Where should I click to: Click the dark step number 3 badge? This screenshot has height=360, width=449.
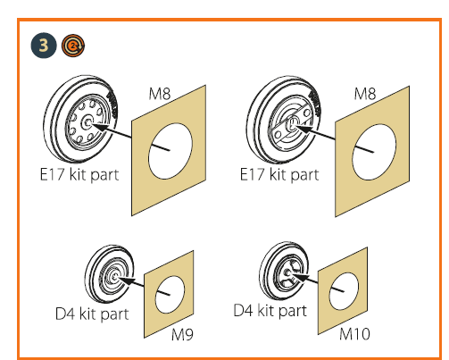(44, 46)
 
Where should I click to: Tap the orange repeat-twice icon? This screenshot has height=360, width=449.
(73, 46)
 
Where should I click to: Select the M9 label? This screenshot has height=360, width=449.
(182, 335)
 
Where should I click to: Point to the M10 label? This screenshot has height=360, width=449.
(354, 334)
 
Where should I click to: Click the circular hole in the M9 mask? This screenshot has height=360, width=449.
(170, 295)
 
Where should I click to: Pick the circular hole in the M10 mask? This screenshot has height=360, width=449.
(344, 291)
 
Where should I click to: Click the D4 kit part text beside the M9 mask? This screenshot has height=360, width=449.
(92, 314)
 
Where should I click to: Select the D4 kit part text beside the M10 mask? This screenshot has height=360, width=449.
(270, 311)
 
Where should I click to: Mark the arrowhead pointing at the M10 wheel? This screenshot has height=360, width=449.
(301, 278)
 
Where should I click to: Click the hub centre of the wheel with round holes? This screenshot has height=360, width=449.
(87, 122)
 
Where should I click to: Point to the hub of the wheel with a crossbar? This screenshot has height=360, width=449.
(292, 123)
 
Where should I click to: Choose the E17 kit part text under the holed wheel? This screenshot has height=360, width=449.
(79, 174)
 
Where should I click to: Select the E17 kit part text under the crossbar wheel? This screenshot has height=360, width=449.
(279, 174)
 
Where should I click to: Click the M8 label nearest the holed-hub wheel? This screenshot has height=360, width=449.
(160, 94)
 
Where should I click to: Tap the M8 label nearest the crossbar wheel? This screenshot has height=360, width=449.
(365, 94)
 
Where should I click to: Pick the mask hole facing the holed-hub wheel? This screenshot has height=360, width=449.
(170, 151)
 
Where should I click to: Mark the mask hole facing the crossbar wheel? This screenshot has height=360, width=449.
(374, 152)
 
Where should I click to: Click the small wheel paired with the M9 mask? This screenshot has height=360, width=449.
(109, 273)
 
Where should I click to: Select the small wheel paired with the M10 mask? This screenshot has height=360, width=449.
(284, 271)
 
